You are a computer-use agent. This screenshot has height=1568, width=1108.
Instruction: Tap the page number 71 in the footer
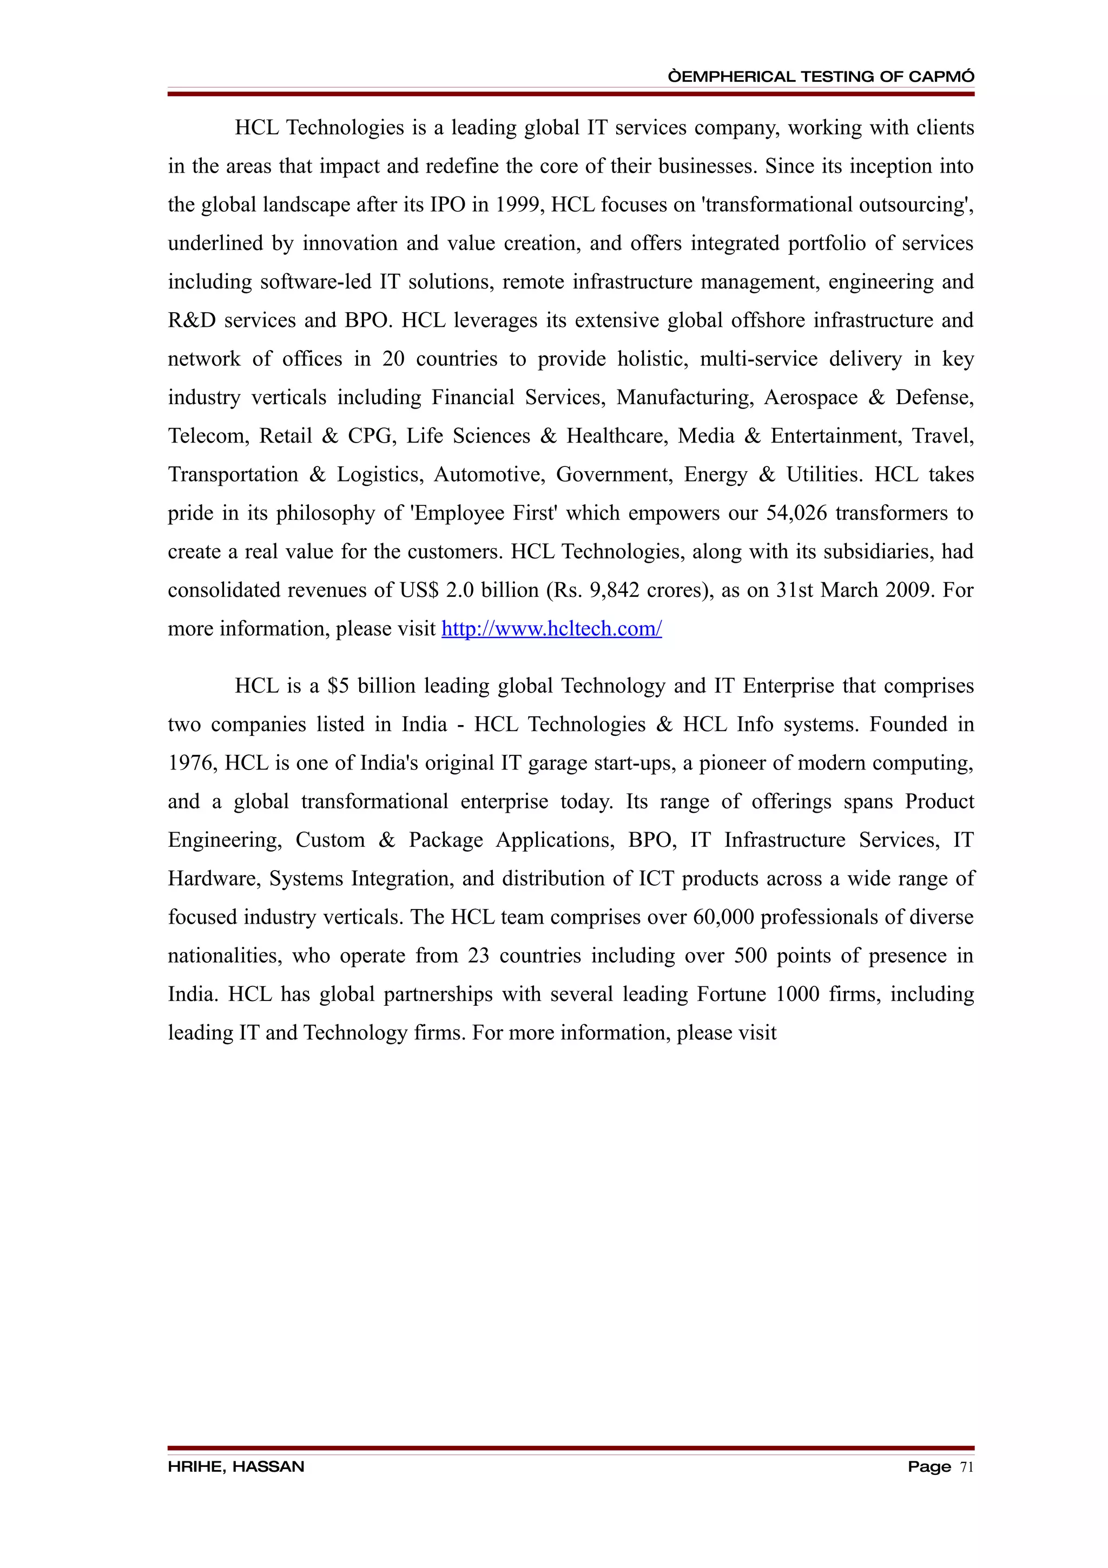[x=966, y=1466]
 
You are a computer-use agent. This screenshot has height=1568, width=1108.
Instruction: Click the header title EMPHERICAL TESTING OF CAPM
[x=821, y=76]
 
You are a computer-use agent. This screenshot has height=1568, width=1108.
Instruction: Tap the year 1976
[x=192, y=763]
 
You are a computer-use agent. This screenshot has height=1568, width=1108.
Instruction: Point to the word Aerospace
[x=810, y=398]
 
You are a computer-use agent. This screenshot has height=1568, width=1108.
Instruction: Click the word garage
[x=557, y=763]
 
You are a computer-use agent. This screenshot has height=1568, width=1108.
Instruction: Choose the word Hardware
[x=214, y=878]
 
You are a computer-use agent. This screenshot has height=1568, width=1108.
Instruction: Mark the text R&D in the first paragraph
[x=192, y=320]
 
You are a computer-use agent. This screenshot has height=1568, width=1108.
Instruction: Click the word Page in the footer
[x=928, y=1466]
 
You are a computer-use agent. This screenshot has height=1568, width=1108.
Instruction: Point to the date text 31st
[x=795, y=590]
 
